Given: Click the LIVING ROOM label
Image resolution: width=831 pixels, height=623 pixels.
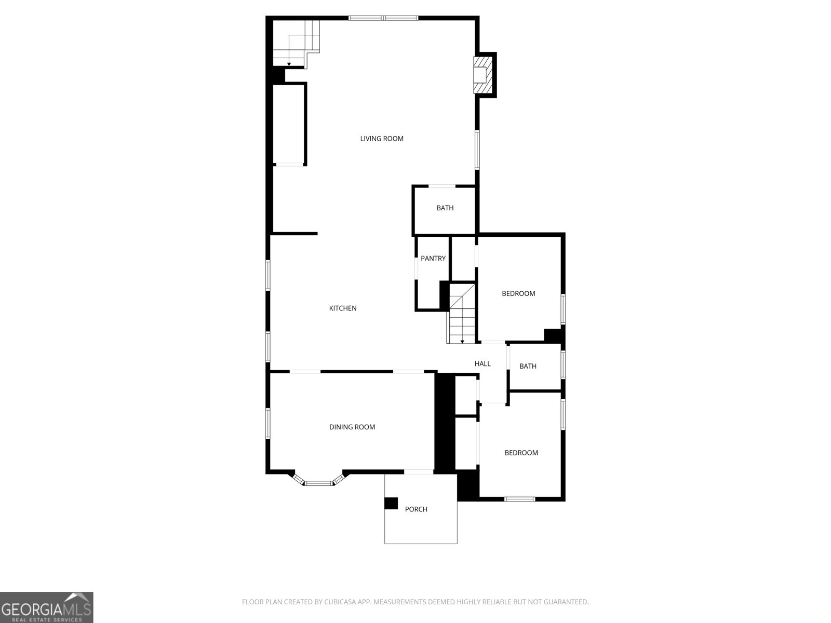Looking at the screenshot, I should pyautogui.click(x=382, y=139).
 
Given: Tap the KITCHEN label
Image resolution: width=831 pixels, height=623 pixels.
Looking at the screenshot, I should pyautogui.click(x=343, y=308).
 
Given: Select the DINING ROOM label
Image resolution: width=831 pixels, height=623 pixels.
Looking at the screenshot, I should pyautogui.click(x=352, y=427).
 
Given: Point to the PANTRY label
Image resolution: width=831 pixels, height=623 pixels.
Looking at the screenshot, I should pyautogui.click(x=433, y=259).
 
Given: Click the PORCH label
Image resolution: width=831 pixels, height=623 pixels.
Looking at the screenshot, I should pyautogui.click(x=416, y=509).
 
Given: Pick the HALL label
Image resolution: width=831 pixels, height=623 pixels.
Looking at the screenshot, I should pyautogui.click(x=482, y=364).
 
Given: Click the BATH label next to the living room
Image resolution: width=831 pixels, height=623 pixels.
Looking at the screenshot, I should pyautogui.click(x=445, y=208).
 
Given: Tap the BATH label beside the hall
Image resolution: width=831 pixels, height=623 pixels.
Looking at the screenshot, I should pyautogui.click(x=528, y=367).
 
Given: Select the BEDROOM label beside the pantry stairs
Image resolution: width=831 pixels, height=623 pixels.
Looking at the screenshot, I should pyautogui.click(x=518, y=294).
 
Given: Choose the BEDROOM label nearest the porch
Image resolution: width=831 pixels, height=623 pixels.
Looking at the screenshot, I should pyautogui.click(x=521, y=453).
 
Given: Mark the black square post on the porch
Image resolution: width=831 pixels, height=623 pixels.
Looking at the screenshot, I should pyautogui.click(x=391, y=504).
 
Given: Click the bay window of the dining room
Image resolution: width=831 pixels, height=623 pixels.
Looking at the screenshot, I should pyautogui.click(x=318, y=482).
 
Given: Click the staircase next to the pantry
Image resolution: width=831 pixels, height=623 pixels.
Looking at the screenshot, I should pyautogui.click(x=462, y=317).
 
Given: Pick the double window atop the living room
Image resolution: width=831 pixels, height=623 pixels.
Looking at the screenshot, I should pyautogui.click(x=383, y=18).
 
